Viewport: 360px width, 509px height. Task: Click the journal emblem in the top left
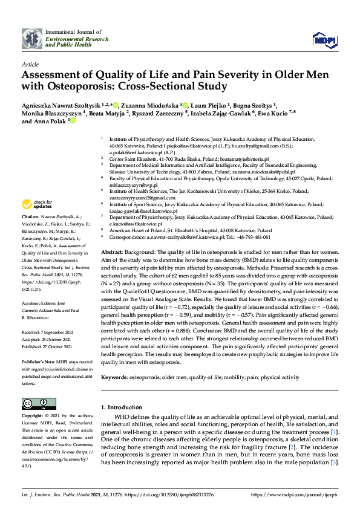tap(32, 38)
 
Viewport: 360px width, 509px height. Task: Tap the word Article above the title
tap(30, 63)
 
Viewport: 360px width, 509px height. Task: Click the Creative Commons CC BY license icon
tap(35, 403)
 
